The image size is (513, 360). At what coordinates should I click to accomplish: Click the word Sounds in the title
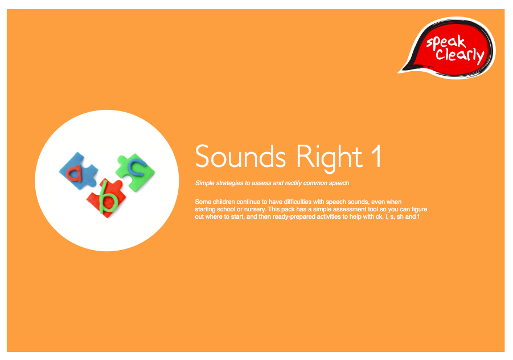coord(240,157)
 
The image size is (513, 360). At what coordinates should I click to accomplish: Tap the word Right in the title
coord(329,158)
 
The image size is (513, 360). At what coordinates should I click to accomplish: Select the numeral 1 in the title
coord(376,156)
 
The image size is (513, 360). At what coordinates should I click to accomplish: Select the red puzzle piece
coord(106,198)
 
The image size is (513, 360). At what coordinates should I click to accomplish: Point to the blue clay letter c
coord(137,167)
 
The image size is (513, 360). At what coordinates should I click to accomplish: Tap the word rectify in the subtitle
coord(293,183)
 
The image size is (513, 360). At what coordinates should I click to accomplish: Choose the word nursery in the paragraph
coord(255,209)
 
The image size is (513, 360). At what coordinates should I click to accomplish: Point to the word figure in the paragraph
coord(419,209)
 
